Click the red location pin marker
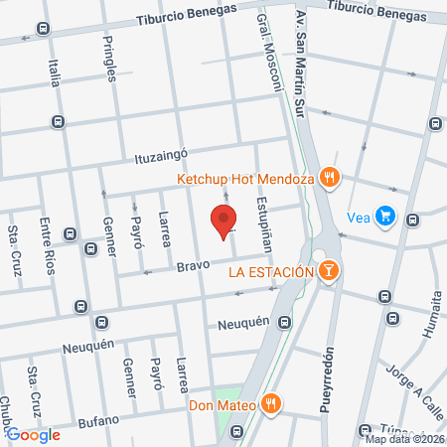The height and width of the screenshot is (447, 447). (223, 223)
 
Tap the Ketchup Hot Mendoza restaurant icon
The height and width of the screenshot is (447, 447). (331, 179)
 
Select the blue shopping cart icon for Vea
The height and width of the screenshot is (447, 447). (385, 216)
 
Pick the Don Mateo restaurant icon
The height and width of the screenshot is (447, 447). (268, 403)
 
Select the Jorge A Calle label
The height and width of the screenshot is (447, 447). (402, 375)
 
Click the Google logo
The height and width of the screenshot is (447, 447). (34, 434)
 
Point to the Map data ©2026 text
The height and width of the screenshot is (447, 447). (403, 439)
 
